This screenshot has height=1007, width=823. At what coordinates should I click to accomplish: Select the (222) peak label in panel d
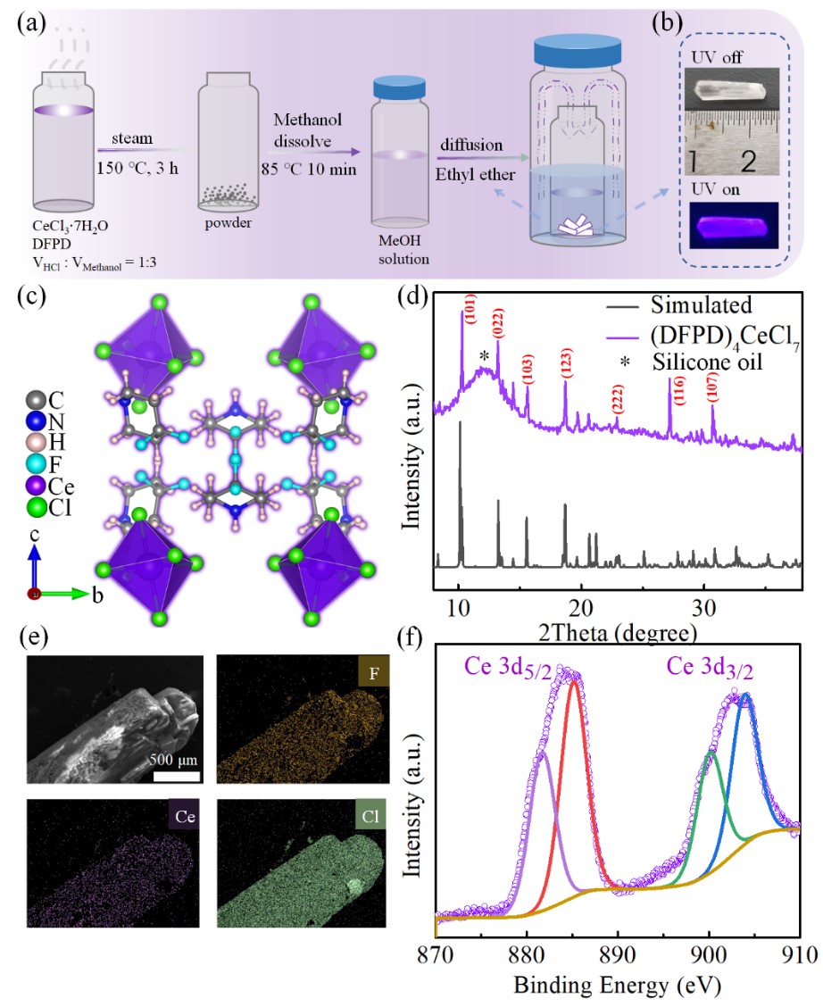[x=617, y=399]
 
